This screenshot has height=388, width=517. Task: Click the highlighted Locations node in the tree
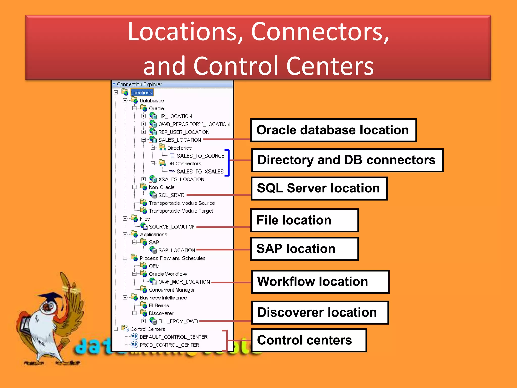point(141,93)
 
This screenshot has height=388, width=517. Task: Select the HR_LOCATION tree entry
point(175,116)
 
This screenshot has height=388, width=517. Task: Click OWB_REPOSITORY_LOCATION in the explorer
point(194,124)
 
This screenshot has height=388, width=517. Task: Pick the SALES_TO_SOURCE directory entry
point(200,156)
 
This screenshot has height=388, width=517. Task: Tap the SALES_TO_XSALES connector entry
point(200,172)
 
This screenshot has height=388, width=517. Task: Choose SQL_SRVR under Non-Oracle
point(171,195)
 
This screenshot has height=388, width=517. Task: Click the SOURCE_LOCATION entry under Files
point(172,227)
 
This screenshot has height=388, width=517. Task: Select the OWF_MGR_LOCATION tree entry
point(184,282)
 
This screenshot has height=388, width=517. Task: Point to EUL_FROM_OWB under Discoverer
point(178,321)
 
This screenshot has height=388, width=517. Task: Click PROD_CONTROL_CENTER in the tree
point(169,345)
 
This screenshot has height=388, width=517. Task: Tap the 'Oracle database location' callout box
point(333,130)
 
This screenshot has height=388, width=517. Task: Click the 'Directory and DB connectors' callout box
point(347,160)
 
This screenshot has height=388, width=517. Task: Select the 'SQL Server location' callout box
point(319,188)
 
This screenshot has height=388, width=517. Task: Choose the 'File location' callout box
point(304,220)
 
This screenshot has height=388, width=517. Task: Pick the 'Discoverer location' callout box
point(320,312)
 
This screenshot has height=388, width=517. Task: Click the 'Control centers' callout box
point(309,340)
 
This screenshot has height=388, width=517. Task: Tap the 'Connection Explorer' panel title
point(139,84)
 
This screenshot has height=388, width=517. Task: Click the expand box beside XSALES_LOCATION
point(144,179)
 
